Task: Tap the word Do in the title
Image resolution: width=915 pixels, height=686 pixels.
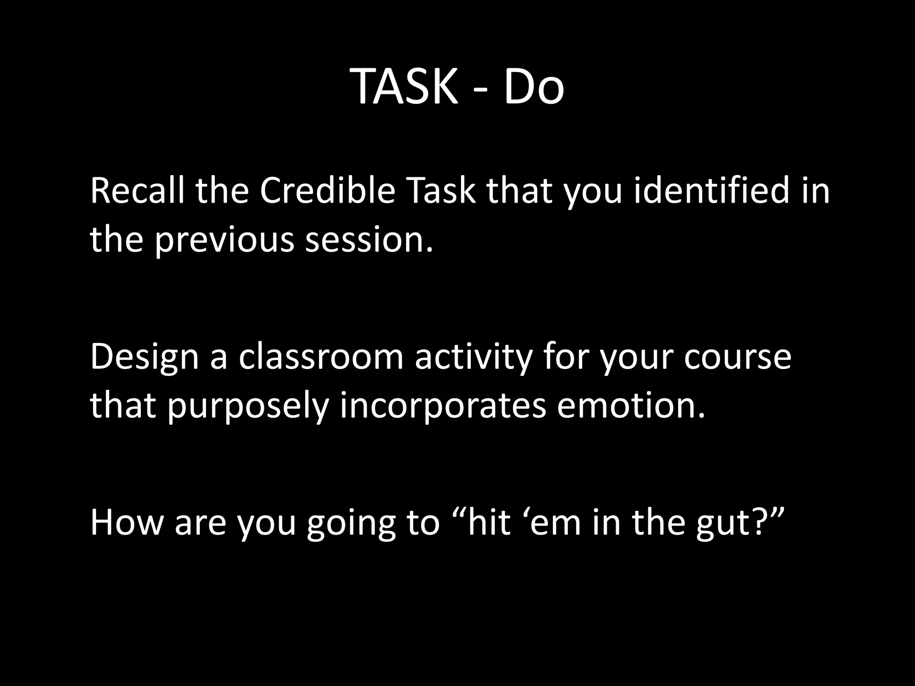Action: pyautogui.click(x=534, y=86)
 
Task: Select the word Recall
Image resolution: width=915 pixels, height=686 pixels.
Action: pyautogui.click(x=137, y=190)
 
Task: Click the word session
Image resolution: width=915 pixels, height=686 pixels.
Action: pyautogui.click(x=369, y=240)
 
